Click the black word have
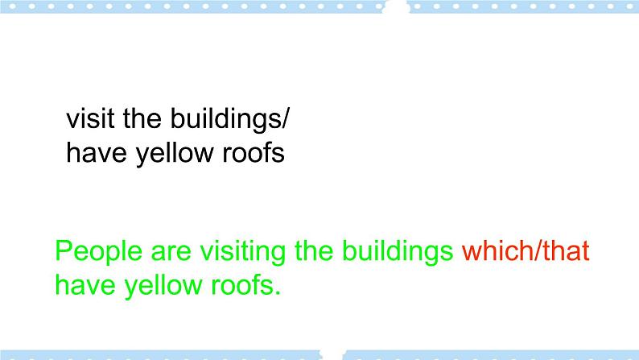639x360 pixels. click(93, 153)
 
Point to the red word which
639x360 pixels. click(496, 252)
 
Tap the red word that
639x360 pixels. click(565, 252)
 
